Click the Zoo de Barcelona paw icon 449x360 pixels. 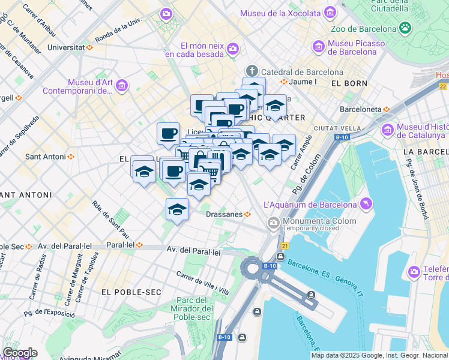(x=406, y=28)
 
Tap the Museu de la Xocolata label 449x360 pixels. (x=280, y=13)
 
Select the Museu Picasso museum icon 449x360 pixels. (x=319, y=46)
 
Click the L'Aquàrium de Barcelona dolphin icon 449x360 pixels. (x=366, y=205)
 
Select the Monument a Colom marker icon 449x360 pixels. (x=274, y=223)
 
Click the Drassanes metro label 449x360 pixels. (x=224, y=214)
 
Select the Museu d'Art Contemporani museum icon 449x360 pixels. (x=122, y=86)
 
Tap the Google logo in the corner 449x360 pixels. (x=20, y=353)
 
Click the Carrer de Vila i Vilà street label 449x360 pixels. (x=203, y=282)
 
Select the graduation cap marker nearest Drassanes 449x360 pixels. (x=177, y=210)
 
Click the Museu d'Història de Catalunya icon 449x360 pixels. (x=387, y=129)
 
